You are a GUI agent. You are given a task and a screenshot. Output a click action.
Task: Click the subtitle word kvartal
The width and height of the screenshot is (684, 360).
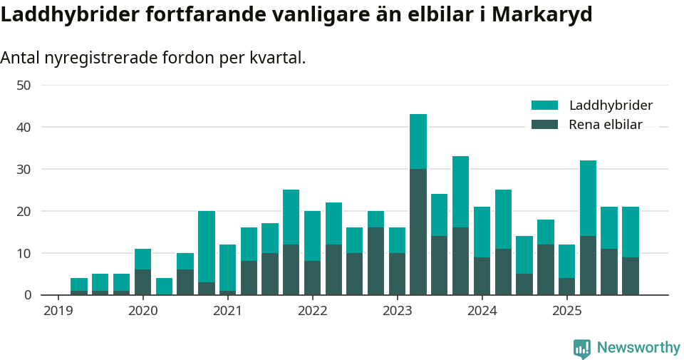279,58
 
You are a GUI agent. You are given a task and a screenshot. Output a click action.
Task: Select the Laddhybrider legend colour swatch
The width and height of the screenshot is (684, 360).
545,106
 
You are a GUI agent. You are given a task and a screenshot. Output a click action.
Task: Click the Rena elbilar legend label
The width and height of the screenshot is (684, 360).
606,125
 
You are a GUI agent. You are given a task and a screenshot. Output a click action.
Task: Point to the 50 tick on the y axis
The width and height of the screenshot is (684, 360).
24,86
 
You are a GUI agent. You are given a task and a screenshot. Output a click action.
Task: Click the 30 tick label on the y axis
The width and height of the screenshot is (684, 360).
24,170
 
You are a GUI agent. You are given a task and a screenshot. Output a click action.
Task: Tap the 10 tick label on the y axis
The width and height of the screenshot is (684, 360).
24,254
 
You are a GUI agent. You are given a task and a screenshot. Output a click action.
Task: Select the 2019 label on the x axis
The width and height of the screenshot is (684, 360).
58,311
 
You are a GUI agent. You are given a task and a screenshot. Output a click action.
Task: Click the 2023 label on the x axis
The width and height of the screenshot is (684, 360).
398,311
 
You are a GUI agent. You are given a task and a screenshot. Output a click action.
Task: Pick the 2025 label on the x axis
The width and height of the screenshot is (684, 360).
567,311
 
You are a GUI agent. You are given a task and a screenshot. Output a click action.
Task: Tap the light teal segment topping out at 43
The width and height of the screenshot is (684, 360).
418,141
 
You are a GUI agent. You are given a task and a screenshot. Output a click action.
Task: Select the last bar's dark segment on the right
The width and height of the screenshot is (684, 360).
631,276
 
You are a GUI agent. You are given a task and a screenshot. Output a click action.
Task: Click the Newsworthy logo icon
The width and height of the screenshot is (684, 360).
581,348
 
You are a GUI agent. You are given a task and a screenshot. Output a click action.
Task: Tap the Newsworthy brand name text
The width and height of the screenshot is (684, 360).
638,348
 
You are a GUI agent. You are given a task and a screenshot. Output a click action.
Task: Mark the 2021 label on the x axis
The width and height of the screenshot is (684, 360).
228,311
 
